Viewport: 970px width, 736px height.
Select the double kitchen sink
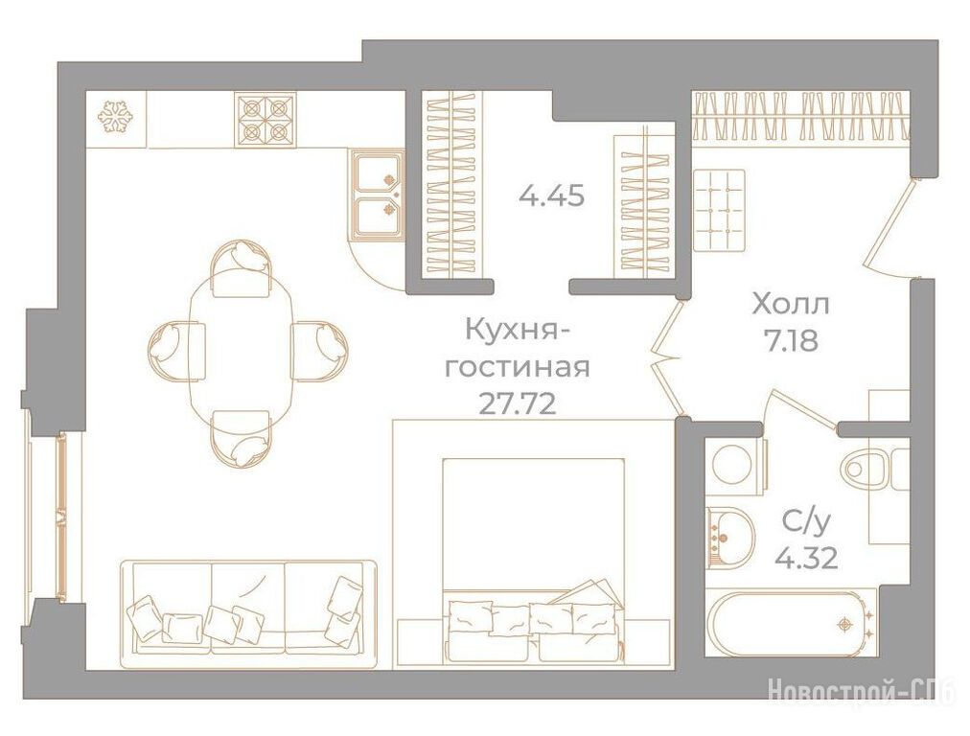click(x=377, y=195)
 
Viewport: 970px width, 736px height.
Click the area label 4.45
click(x=552, y=196)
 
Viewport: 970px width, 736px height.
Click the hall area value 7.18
click(x=792, y=340)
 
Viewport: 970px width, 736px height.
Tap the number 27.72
click(x=519, y=404)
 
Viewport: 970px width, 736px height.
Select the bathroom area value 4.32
click(x=806, y=558)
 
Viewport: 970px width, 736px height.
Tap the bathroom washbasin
click(x=730, y=537)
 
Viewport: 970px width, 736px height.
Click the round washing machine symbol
click(x=734, y=467)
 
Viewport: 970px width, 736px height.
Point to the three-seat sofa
click(x=248, y=614)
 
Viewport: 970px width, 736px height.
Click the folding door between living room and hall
click(x=668, y=358)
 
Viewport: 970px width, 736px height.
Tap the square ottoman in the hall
click(x=719, y=210)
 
